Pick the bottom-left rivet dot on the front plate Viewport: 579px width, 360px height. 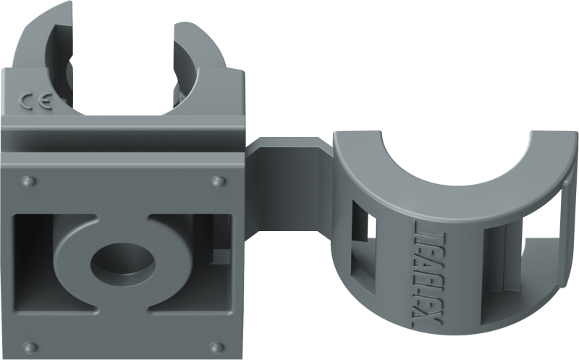point(28,343)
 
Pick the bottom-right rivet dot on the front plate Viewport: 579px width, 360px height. point(216,343)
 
